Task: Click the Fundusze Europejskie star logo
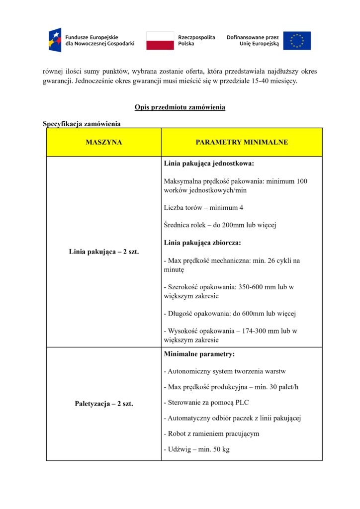(55, 40)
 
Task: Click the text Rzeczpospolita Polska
(196, 40)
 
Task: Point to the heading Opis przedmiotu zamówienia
(180, 107)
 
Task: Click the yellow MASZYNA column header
(103, 142)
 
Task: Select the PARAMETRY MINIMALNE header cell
(242, 142)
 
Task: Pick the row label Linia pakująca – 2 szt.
(103, 252)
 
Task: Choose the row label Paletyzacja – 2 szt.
(103, 404)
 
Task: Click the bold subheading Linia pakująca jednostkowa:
(209, 163)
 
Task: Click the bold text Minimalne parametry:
(199, 354)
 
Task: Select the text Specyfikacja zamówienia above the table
(82, 123)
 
